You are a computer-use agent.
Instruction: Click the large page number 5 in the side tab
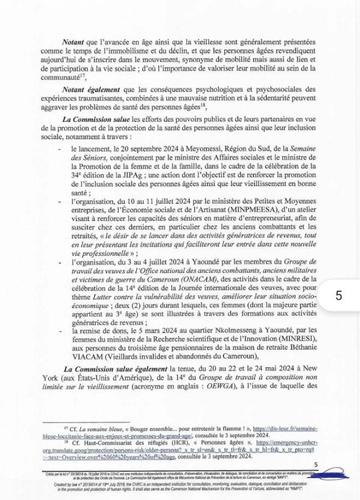(x=339, y=295)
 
